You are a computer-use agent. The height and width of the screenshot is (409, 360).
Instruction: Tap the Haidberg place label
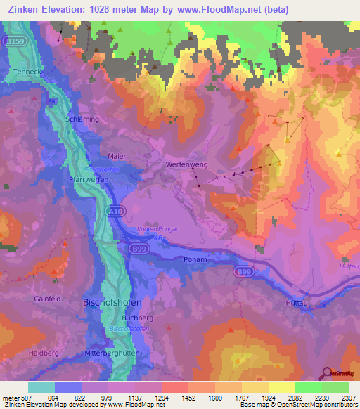(44, 352)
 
